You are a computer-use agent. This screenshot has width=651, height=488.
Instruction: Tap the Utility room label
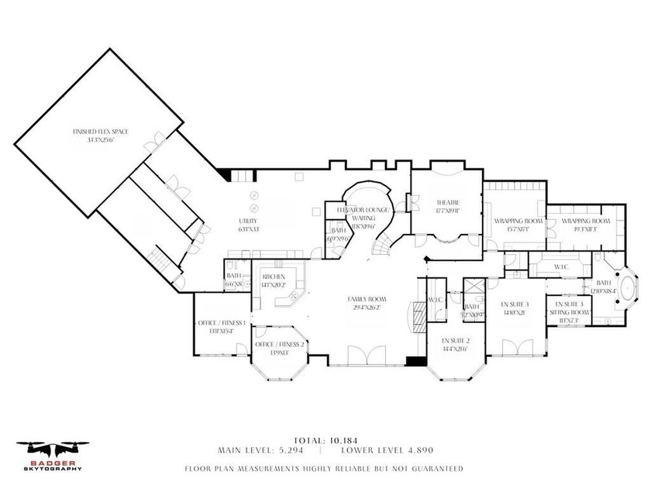pyautogui.click(x=248, y=225)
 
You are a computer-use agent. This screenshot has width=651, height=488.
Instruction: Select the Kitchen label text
pyautogui.click(x=274, y=280)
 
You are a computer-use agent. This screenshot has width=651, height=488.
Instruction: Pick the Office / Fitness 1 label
pyautogui.click(x=222, y=326)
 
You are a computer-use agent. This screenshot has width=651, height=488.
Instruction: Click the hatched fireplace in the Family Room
pyautogui.click(x=418, y=316)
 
